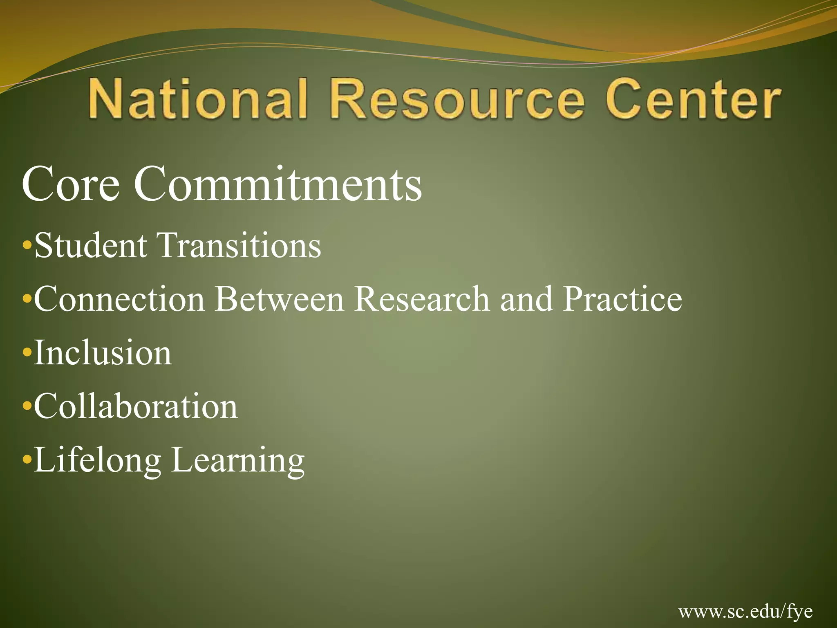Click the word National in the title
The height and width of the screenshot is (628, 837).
click(x=197, y=99)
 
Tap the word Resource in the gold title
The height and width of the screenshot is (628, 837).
click(x=457, y=99)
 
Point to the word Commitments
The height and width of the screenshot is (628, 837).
click(x=278, y=185)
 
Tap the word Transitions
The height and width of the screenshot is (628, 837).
click(x=240, y=245)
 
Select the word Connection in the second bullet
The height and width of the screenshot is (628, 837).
click(x=119, y=299)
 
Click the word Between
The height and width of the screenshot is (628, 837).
click(x=280, y=299)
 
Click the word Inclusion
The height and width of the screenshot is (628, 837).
click(x=103, y=353)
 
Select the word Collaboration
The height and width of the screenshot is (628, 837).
click(x=136, y=406)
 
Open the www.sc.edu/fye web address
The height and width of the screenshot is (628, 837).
click(x=745, y=612)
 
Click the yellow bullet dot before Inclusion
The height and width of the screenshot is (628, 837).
click(x=27, y=352)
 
